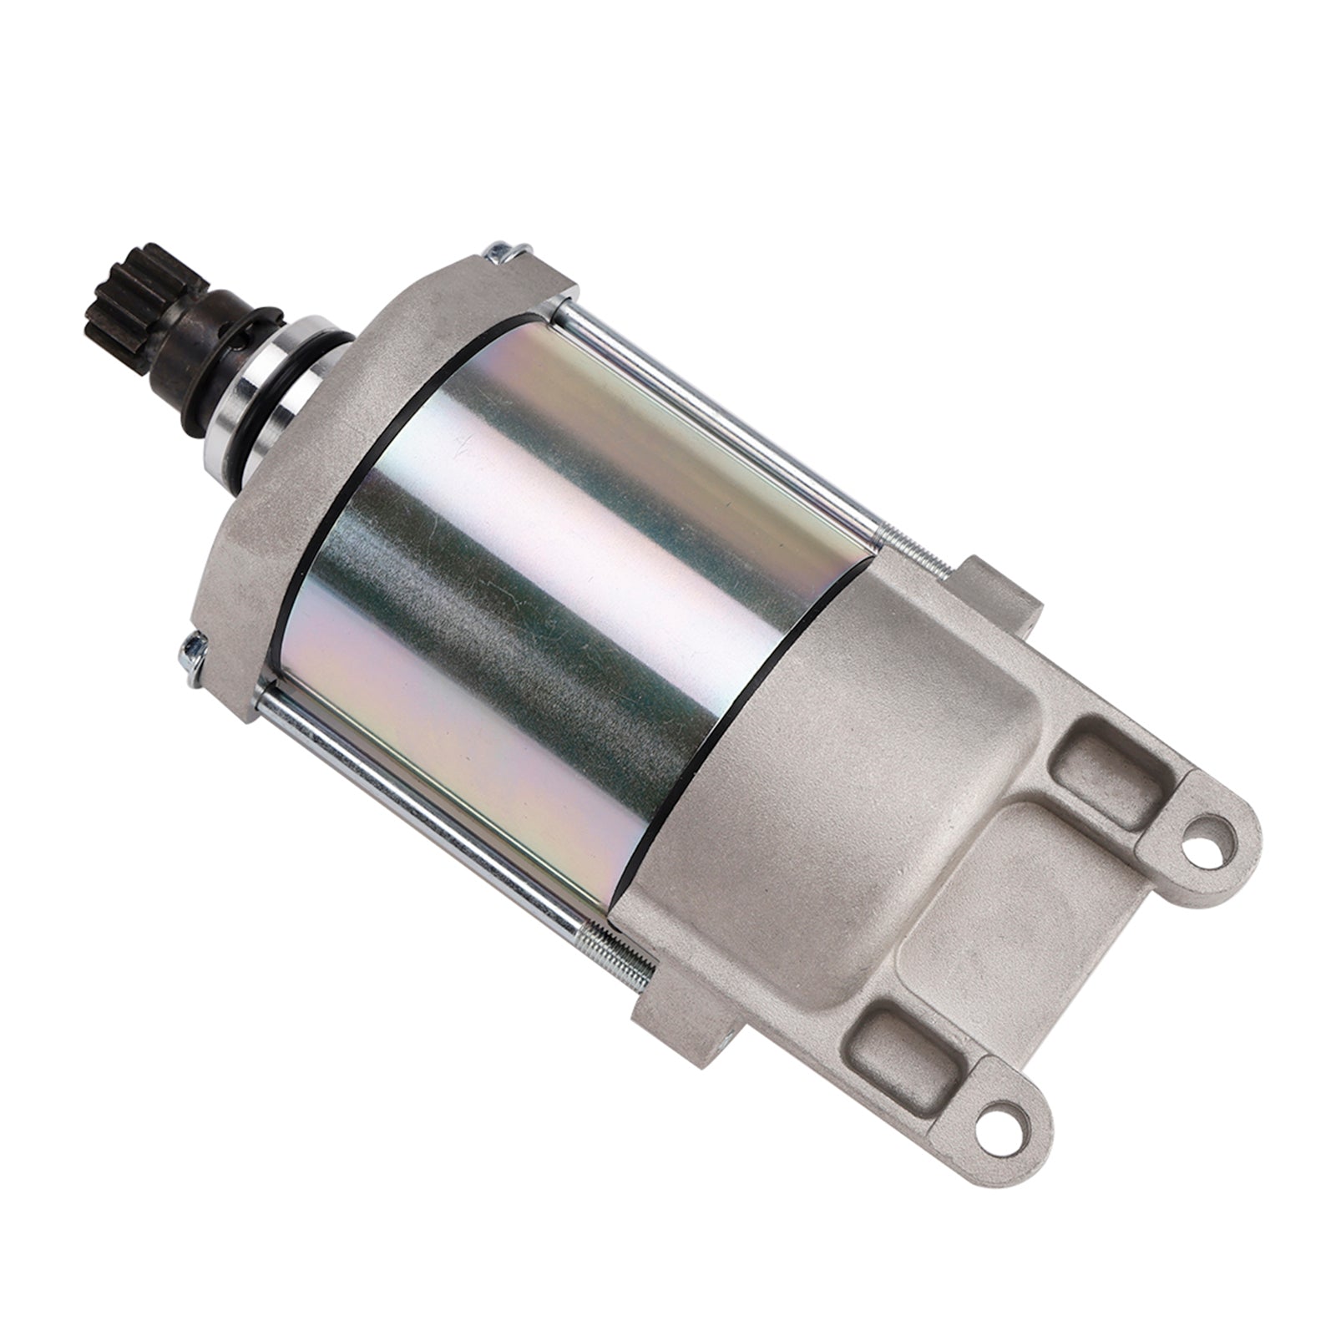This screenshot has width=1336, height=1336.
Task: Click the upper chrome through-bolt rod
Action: click(x=718, y=417)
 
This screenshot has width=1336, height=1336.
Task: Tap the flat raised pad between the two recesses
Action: click(x=1044, y=902)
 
